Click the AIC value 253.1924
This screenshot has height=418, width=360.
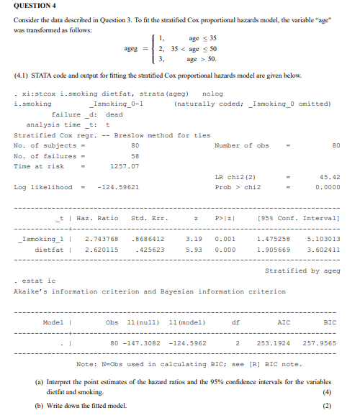(x=276, y=342)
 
